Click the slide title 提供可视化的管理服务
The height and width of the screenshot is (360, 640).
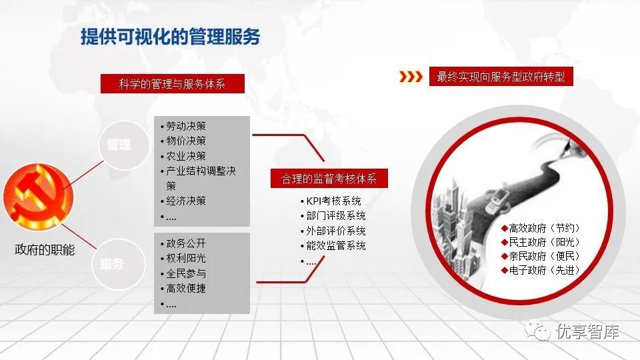[x=170, y=37]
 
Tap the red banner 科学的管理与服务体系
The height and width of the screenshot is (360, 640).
[x=172, y=84]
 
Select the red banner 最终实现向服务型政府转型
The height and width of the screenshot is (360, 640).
[x=501, y=76]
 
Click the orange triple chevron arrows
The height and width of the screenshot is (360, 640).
[x=411, y=76]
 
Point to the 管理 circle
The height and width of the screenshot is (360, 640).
[x=124, y=145]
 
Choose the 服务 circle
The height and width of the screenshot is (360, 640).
[x=119, y=264]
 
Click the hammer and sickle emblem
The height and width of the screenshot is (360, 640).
[x=38, y=196]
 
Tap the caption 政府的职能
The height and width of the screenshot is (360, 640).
[x=45, y=249]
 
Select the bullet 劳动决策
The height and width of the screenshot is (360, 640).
[x=183, y=126]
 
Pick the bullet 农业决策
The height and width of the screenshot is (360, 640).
[x=183, y=156]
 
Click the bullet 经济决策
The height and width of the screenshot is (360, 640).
[x=183, y=201]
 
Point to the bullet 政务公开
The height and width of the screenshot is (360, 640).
[x=183, y=243]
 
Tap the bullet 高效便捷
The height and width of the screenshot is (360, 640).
[x=183, y=288]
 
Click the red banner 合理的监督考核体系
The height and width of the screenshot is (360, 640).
[x=329, y=179]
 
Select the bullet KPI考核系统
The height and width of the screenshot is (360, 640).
[x=331, y=201]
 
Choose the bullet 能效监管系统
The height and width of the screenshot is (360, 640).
[x=333, y=245]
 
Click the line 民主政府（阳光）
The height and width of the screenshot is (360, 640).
[x=541, y=242]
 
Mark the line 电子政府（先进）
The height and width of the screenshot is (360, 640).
[x=541, y=270]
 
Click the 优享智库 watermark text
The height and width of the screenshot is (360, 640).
[x=587, y=331]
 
